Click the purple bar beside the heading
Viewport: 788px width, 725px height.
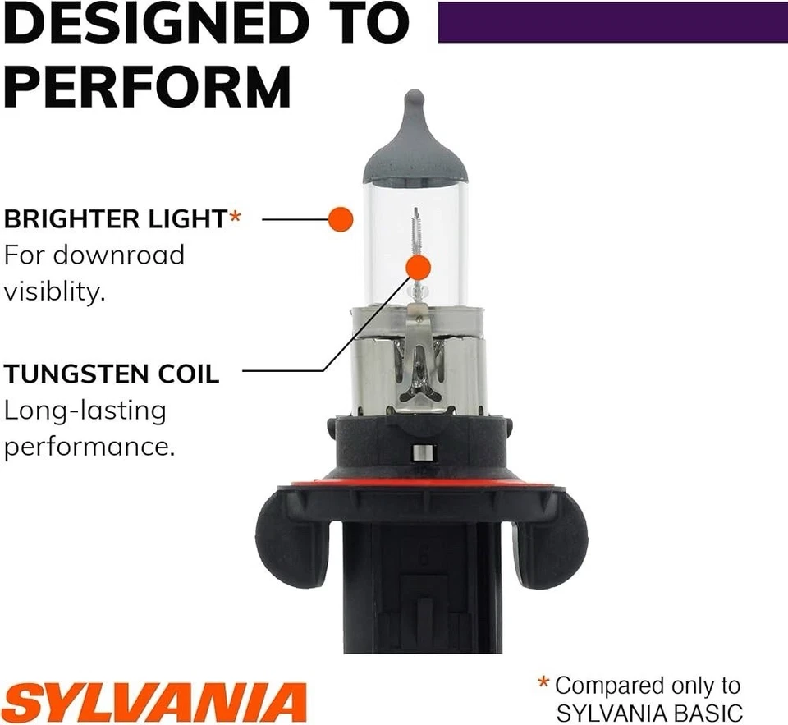pyautogui.click(x=612, y=22)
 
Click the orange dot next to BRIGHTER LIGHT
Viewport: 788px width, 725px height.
pyautogui.click(x=340, y=219)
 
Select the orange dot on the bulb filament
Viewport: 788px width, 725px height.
pyautogui.click(x=418, y=267)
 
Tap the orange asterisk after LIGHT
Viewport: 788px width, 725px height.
pyautogui.click(x=236, y=218)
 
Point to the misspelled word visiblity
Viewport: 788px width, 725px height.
pyautogui.click(x=54, y=291)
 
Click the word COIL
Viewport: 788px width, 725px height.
pyautogui.click(x=189, y=374)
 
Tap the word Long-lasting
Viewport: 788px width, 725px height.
pyautogui.click(x=85, y=411)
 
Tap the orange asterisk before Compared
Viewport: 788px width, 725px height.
pyautogui.click(x=543, y=683)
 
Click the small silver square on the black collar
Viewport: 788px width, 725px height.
pyautogui.click(x=423, y=452)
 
